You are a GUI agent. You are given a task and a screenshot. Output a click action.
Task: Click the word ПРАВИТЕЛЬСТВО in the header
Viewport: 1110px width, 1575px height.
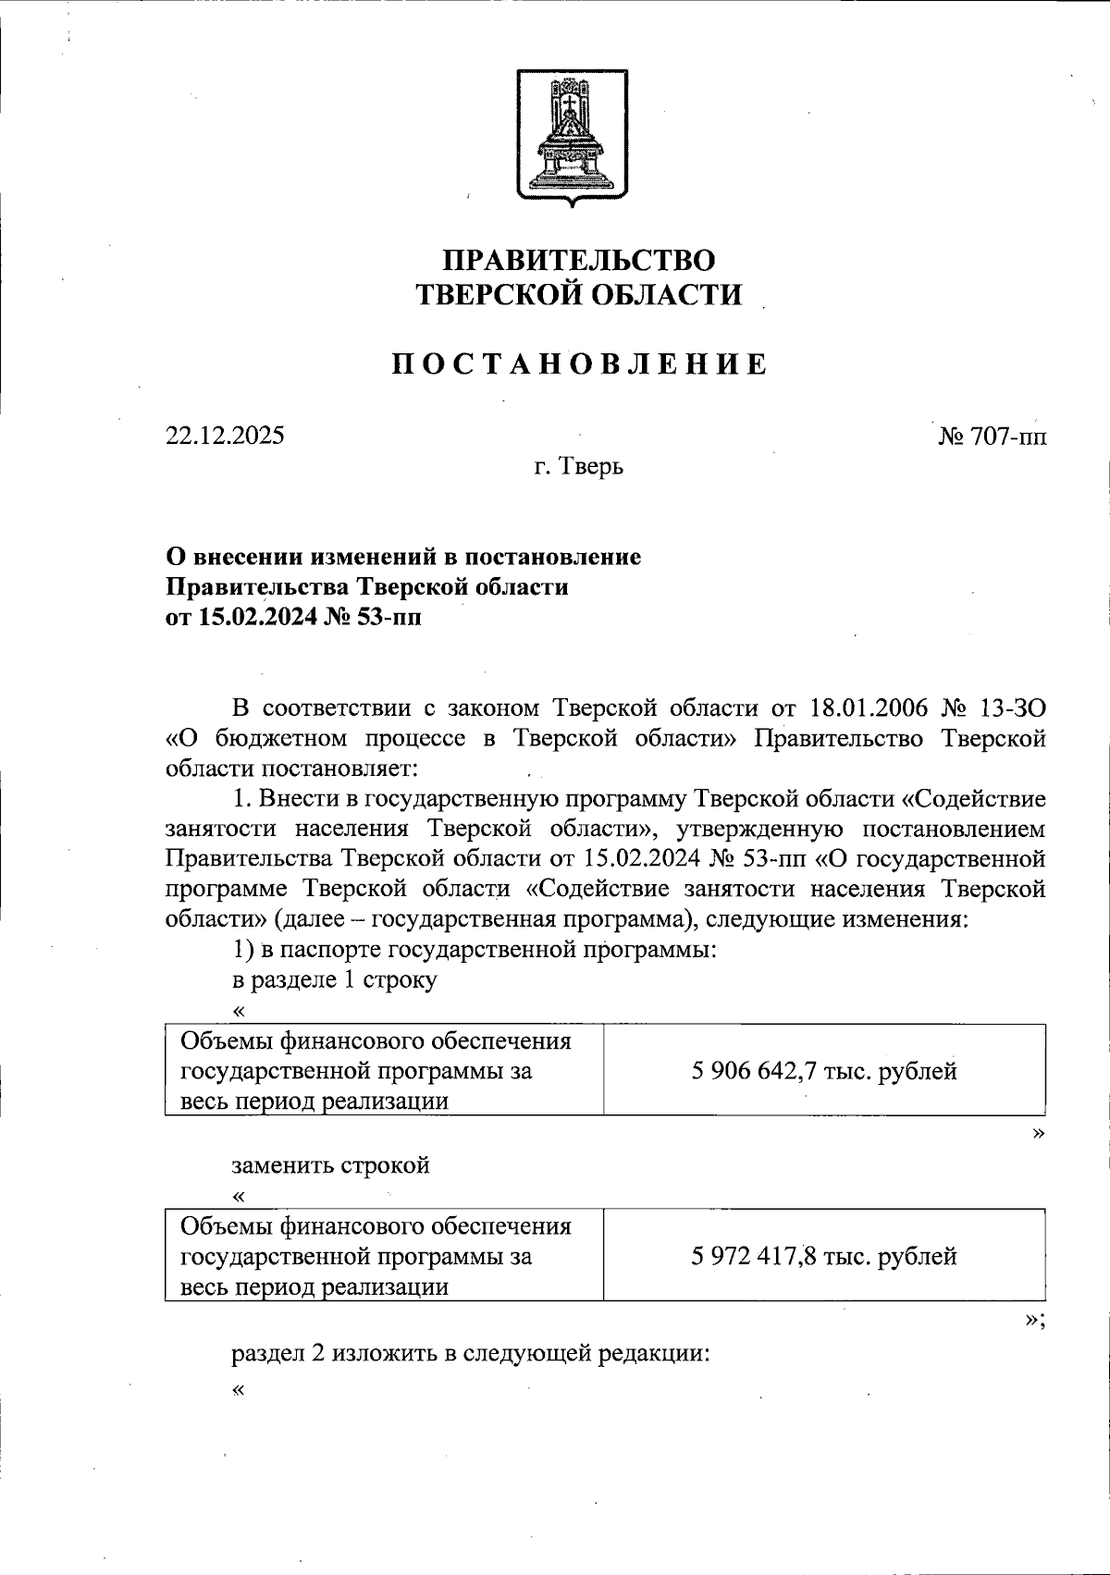(x=578, y=260)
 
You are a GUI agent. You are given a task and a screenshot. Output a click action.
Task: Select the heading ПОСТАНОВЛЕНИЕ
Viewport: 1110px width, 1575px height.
(x=578, y=363)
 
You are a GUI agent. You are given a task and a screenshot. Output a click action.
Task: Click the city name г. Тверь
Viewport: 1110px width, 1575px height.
(x=578, y=467)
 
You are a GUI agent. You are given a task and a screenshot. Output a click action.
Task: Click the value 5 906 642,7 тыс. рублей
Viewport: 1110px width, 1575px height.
(x=823, y=1072)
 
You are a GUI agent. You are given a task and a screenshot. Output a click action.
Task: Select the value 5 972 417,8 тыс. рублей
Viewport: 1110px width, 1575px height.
(x=823, y=1257)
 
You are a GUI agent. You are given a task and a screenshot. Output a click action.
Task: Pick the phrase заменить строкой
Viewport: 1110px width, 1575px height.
(x=330, y=1165)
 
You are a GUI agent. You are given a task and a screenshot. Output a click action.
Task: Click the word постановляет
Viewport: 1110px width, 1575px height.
(x=341, y=768)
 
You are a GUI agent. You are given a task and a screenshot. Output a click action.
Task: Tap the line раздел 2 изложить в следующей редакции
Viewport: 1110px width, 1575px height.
(x=470, y=1354)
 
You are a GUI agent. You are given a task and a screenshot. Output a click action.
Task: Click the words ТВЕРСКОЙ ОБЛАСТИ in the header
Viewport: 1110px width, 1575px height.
(x=578, y=294)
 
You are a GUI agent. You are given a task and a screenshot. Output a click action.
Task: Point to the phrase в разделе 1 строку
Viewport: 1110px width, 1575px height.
(x=333, y=980)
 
